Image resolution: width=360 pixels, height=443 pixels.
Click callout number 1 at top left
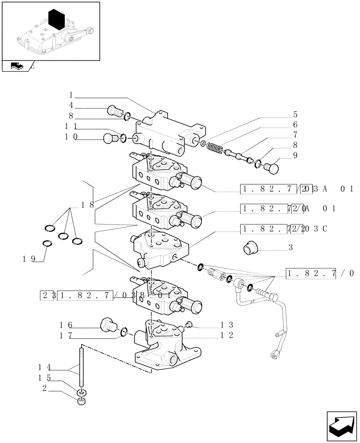click(71, 95)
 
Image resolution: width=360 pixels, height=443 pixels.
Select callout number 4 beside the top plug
click(71, 106)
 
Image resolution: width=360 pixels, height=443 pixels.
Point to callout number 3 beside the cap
click(290, 248)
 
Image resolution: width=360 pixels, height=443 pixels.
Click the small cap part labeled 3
click(251, 248)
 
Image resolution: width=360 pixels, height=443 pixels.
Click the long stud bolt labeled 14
click(82, 368)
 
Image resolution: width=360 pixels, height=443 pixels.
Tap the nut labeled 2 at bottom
click(81, 402)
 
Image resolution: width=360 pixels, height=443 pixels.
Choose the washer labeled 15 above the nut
click(81, 392)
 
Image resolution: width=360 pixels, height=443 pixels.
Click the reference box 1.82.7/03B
click(85, 295)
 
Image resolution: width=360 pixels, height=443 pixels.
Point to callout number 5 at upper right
click(295, 114)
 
